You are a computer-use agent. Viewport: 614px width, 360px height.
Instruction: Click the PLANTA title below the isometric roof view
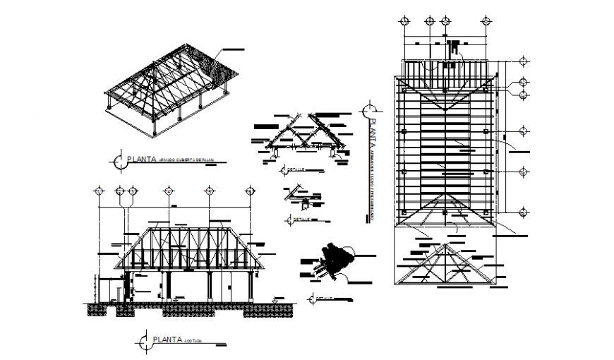tap(142, 161)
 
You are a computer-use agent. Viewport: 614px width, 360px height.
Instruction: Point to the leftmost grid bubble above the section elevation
tap(100, 191)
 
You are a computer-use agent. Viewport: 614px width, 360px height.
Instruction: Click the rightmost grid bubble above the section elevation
tap(250, 191)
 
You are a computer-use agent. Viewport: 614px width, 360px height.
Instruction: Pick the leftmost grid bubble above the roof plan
tap(404, 20)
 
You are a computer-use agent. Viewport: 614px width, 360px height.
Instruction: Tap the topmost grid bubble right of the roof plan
tap(524, 61)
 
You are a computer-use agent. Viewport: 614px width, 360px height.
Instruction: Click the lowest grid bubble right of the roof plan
tap(524, 212)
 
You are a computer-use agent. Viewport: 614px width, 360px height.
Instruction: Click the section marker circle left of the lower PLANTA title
tap(145, 342)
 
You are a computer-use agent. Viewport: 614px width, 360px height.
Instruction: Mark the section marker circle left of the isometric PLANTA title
tap(117, 162)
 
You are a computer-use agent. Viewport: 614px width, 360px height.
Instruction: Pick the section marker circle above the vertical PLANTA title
tap(367, 111)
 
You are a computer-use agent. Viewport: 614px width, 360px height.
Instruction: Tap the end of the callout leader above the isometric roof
tap(243, 49)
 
